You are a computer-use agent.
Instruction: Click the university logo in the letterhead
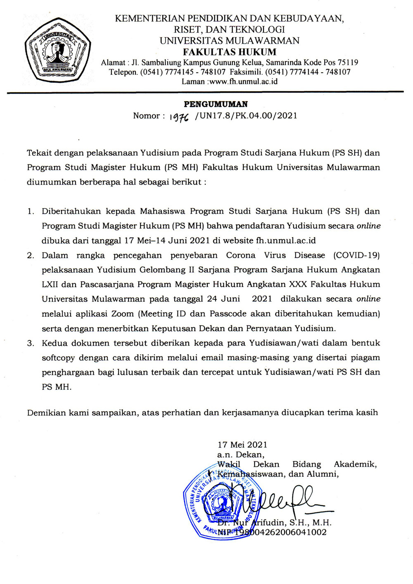57,52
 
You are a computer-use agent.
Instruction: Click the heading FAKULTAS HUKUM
230,52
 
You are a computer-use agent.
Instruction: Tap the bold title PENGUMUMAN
216,104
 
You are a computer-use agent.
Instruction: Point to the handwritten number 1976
179,117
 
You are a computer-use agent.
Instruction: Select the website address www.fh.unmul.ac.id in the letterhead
243,81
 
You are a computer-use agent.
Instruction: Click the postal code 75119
348,63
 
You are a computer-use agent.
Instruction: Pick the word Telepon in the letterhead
123,72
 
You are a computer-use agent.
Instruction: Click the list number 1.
30,211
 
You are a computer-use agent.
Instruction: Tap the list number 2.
30,255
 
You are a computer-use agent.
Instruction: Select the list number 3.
30,343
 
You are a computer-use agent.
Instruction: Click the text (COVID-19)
356,255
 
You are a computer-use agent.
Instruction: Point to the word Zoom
122,314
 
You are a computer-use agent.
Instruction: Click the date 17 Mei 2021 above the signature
242,445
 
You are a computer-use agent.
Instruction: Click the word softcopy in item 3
59,358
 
